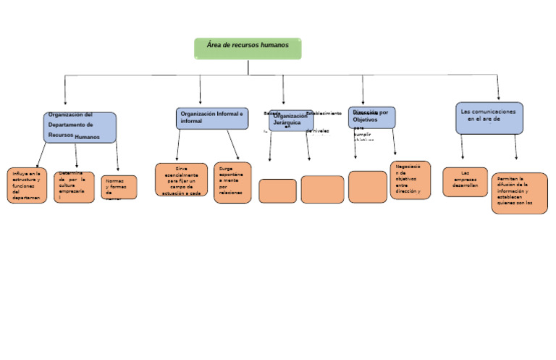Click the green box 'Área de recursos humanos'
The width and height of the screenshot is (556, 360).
pos(248,49)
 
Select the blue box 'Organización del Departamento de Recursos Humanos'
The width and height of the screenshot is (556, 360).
pos(80,127)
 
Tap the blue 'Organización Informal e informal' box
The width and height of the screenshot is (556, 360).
pos(211,118)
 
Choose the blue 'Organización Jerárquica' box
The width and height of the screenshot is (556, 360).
pos(291,120)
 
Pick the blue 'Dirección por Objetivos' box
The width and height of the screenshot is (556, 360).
pos(371,117)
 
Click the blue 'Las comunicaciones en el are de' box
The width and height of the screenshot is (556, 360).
pos(489,118)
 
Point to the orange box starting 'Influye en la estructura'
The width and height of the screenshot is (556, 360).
pos(27,185)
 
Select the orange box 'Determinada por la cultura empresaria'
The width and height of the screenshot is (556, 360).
pos(74,187)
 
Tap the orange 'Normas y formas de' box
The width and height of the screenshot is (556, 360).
pos(119,187)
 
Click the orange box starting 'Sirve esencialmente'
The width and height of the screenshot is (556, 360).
pos(181,180)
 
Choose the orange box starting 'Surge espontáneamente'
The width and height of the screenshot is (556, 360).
pos(232,183)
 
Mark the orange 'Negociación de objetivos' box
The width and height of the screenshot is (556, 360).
pos(410,180)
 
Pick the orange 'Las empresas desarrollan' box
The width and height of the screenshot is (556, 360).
pos(465,182)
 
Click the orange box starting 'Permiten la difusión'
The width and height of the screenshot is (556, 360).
pos(519,193)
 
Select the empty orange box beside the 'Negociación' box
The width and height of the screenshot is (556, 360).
pos(368,187)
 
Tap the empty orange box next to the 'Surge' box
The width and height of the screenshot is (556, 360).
pos(277,191)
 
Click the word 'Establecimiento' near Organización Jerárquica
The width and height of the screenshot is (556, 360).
pos(324,114)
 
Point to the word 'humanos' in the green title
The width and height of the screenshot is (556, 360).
pos(274,45)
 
